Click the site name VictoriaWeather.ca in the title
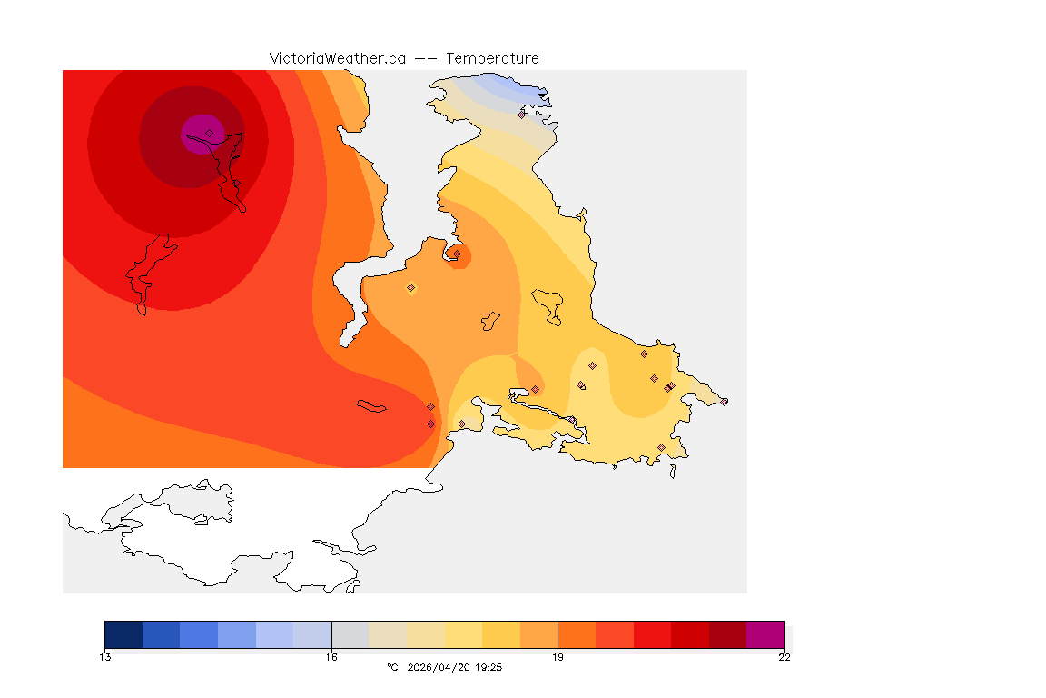[x=337, y=58]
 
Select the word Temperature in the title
[x=492, y=58]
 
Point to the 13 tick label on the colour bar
[x=105, y=657]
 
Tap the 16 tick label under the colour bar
[x=331, y=657]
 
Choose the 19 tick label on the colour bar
[x=558, y=657]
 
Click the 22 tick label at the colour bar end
[x=784, y=657]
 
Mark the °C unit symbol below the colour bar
[x=392, y=667]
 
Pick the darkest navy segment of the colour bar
[x=123, y=633]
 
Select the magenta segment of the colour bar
[x=765, y=633]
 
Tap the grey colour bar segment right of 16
[x=350, y=633]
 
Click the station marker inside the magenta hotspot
[x=209, y=133]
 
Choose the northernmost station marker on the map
[x=522, y=115]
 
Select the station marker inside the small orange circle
[x=457, y=254]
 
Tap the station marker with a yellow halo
[x=410, y=287]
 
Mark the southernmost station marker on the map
[x=661, y=447]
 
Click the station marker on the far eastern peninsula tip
[x=724, y=401]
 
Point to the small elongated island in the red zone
[x=372, y=406]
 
